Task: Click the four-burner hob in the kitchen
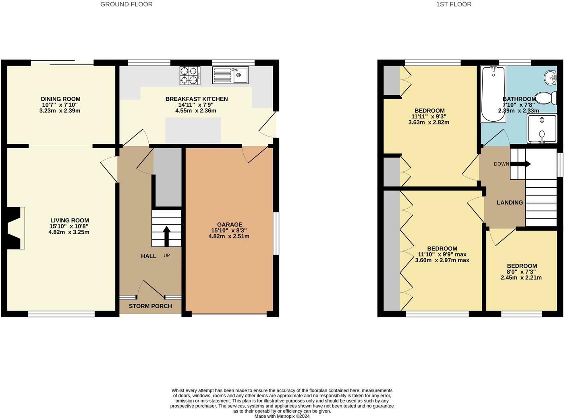click(190, 75)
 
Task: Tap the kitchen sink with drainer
click(231, 75)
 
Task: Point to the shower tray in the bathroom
click(542, 129)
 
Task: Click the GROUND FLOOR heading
click(126, 4)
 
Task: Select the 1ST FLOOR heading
click(454, 4)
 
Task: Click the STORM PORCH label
click(150, 306)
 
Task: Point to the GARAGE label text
click(230, 225)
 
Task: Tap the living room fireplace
click(15, 228)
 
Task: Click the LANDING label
click(510, 203)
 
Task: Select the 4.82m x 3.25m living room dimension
click(69, 232)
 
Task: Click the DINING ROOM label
click(60, 99)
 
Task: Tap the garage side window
click(276, 233)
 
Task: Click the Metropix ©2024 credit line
click(282, 416)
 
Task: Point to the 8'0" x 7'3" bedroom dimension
click(522, 272)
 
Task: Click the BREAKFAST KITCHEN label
click(197, 99)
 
